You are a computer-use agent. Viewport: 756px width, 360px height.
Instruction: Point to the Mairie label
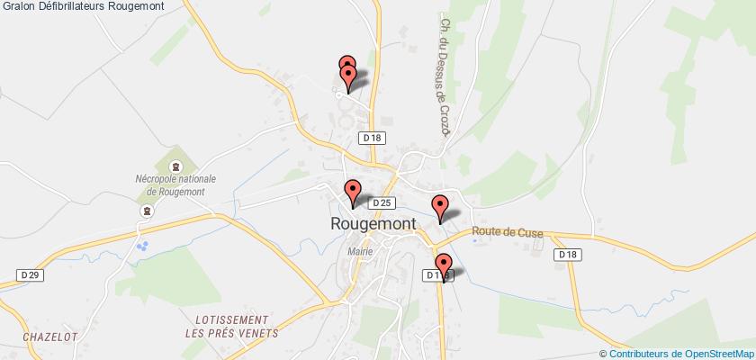point(361,252)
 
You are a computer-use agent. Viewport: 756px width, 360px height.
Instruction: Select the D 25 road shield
point(382,203)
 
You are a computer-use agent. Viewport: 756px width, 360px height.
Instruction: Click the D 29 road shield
point(29,274)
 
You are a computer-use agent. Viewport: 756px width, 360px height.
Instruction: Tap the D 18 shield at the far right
point(566,255)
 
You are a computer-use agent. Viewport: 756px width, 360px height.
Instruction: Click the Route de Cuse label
point(507,231)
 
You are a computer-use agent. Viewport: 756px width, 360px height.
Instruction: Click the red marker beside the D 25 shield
point(353,191)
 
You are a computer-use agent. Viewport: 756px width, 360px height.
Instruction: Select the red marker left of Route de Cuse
point(440,205)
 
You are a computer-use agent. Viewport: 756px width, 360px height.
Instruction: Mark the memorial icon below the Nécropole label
point(146,211)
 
